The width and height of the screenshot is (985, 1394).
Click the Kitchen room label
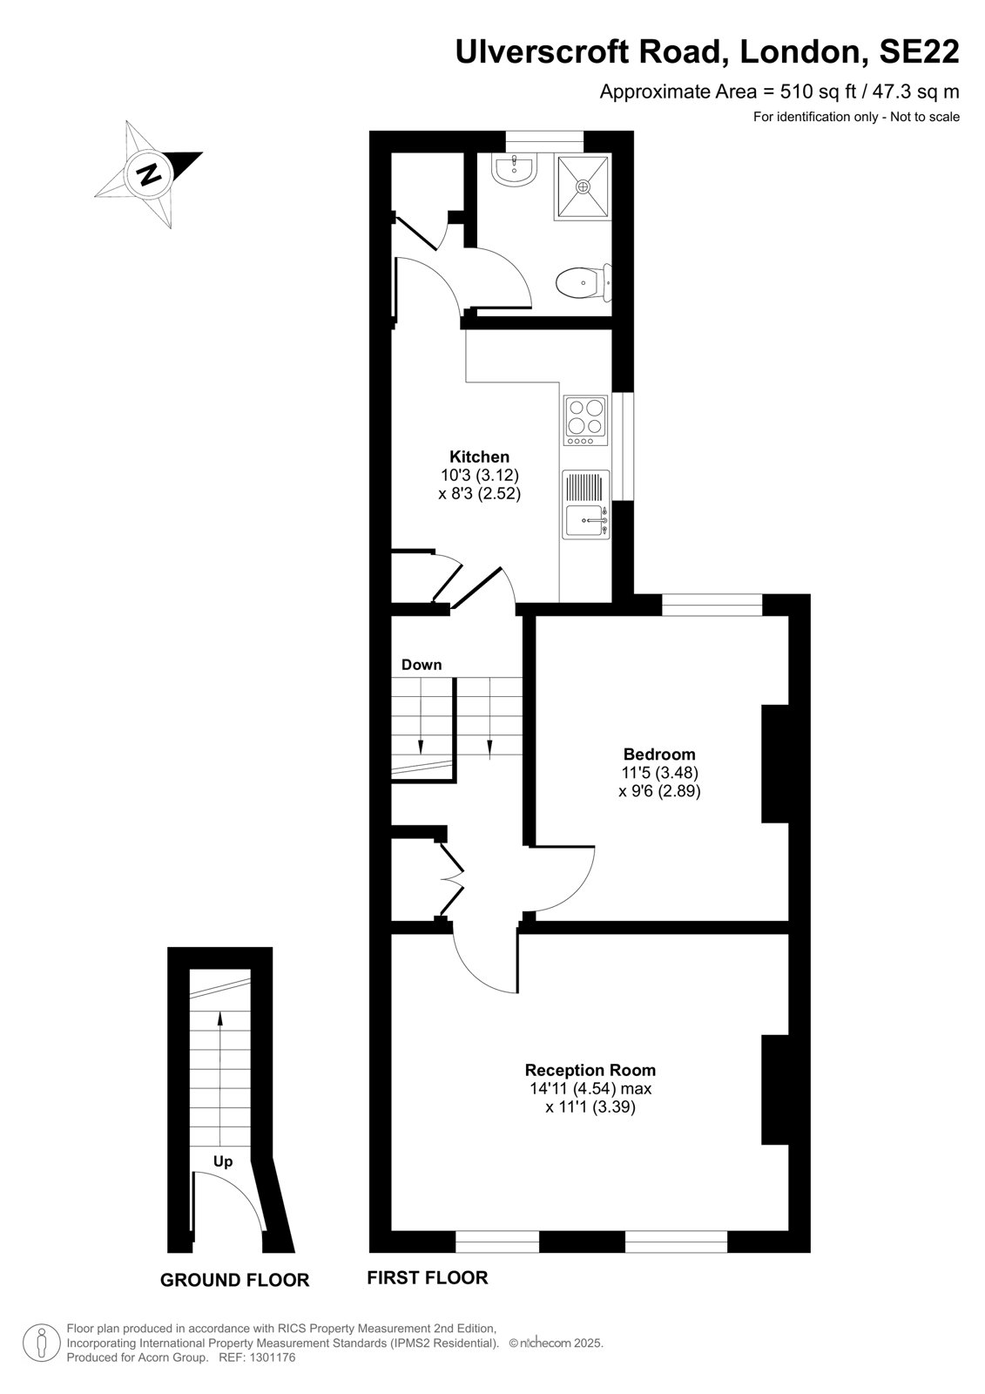pos(479,456)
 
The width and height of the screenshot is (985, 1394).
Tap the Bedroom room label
pos(659,755)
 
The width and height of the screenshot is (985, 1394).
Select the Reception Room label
pos(590,1070)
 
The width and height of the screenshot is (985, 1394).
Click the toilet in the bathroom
pos(583,283)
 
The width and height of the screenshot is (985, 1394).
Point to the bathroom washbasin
pos(513,169)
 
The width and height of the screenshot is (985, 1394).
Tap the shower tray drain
pos(583,186)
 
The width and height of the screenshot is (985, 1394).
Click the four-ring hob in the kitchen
pos(585,421)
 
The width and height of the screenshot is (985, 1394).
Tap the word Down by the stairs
pos(422,665)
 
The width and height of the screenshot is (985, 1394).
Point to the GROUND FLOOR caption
pos(234,1280)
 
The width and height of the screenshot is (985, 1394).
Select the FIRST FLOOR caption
pos(428,1277)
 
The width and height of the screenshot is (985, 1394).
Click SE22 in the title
pos(919,51)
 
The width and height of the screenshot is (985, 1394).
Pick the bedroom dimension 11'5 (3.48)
pos(659,773)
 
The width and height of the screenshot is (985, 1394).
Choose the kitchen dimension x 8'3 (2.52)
pos(479,493)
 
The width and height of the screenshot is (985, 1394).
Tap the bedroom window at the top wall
pos(712,605)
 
